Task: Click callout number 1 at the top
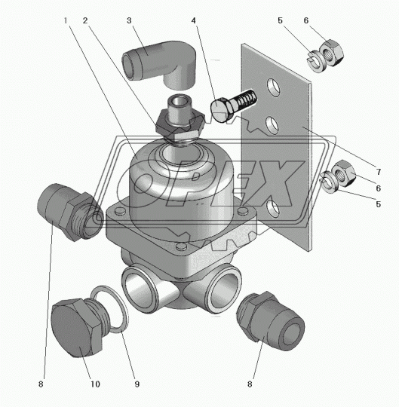66,20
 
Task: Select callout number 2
85,20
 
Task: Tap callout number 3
129,20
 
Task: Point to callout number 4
194,20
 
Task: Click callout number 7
379,172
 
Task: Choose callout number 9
137,384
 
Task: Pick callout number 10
95,384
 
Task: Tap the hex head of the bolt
221,110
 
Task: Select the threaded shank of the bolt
244,100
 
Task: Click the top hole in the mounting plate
273,87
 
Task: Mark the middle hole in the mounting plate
272,125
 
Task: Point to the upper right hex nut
331,54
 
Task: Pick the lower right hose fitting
271,320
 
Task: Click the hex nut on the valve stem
180,127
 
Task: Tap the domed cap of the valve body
181,179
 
